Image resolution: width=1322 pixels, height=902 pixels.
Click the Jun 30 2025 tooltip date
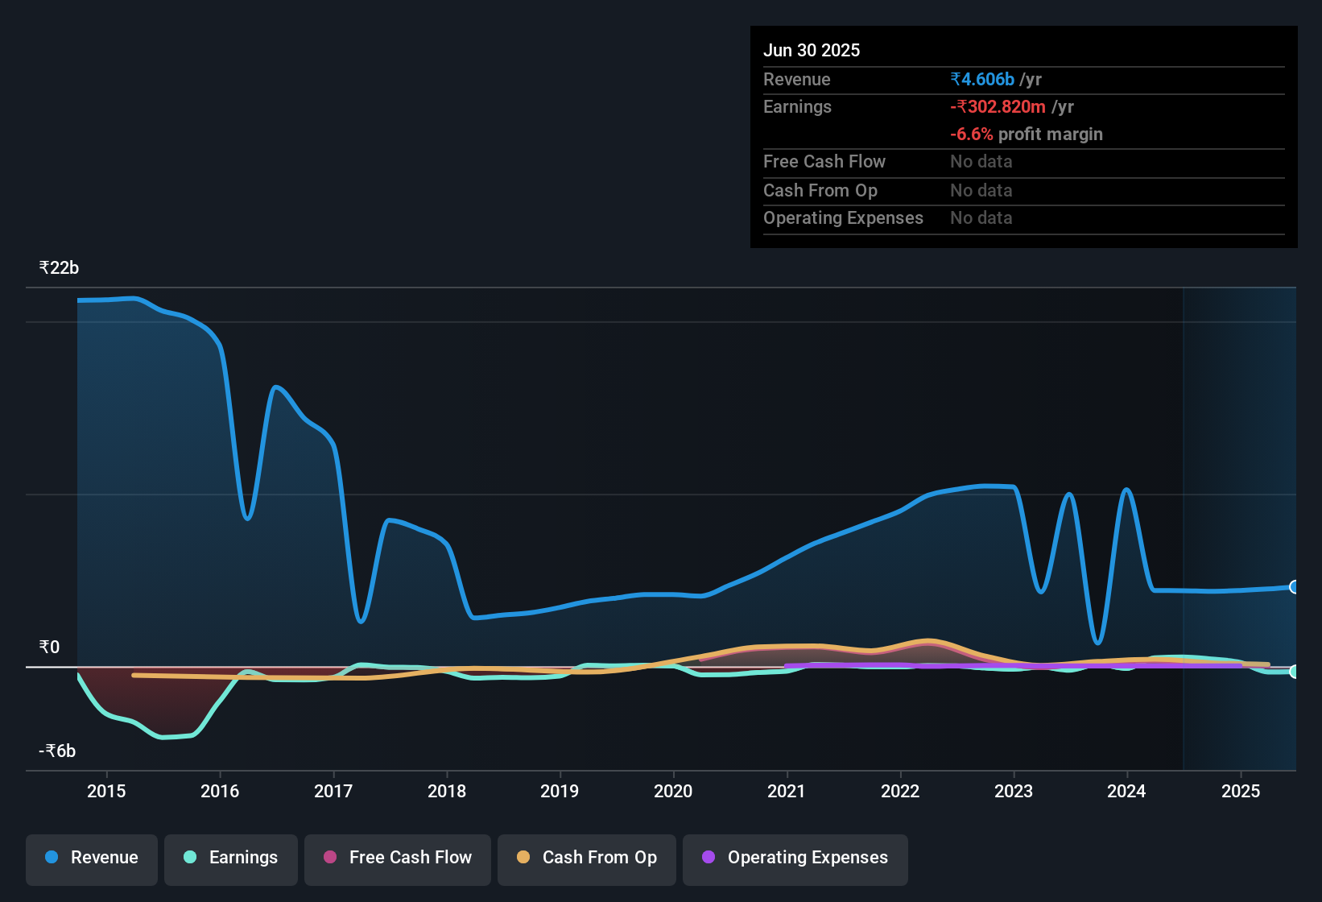click(811, 50)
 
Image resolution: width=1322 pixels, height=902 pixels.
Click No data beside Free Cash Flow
click(981, 161)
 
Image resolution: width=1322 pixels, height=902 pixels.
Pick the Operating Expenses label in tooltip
click(843, 217)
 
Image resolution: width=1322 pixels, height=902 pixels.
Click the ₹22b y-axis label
click(59, 267)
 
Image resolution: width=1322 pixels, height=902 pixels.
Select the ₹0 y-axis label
click(49, 647)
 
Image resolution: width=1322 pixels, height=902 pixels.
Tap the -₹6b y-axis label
click(57, 751)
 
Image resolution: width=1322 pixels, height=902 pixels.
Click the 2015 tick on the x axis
click(106, 791)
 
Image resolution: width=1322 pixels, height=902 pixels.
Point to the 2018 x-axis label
click(447, 791)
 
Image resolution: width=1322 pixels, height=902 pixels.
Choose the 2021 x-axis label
click(787, 791)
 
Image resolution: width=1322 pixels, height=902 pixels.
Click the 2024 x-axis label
click(1126, 791)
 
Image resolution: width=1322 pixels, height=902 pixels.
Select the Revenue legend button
click(92, 857)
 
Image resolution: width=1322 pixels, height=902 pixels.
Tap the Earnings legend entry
click(231, 857)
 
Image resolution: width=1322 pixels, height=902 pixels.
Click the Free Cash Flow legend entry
click(398, 857)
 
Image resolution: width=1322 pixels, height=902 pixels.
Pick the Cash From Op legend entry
click(587, 857)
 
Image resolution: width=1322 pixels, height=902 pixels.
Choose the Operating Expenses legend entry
click(795, 857)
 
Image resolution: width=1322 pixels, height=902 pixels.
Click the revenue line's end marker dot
click(1294, 587)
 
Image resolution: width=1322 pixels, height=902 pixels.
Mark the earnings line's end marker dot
click(1294, 672)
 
